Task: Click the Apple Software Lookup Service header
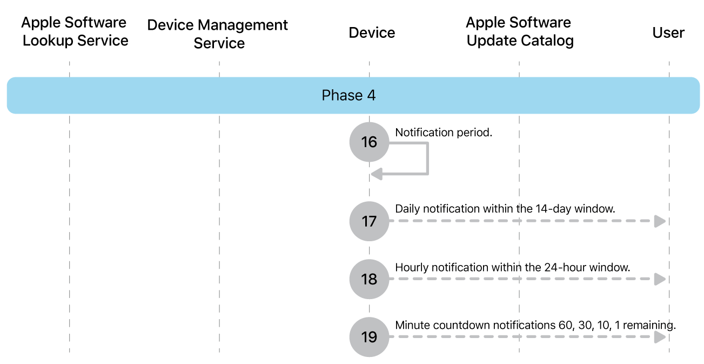point(75,31)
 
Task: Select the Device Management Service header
point(218,34)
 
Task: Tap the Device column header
point(372,33)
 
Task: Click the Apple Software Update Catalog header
point(519,31)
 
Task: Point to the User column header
point(668,33)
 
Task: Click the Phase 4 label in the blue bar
point(348,96)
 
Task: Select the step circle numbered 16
point(369,142)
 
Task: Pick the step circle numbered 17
point(369,221)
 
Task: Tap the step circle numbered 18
point(369,279)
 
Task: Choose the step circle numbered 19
point(369,337)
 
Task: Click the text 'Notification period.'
point(444,133)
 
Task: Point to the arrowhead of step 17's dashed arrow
point(660,221)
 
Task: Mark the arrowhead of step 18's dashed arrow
point(660,279)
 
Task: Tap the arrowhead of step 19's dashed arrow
point(660,337)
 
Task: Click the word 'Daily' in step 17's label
point(407,209)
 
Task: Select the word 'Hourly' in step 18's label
point(411,267)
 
